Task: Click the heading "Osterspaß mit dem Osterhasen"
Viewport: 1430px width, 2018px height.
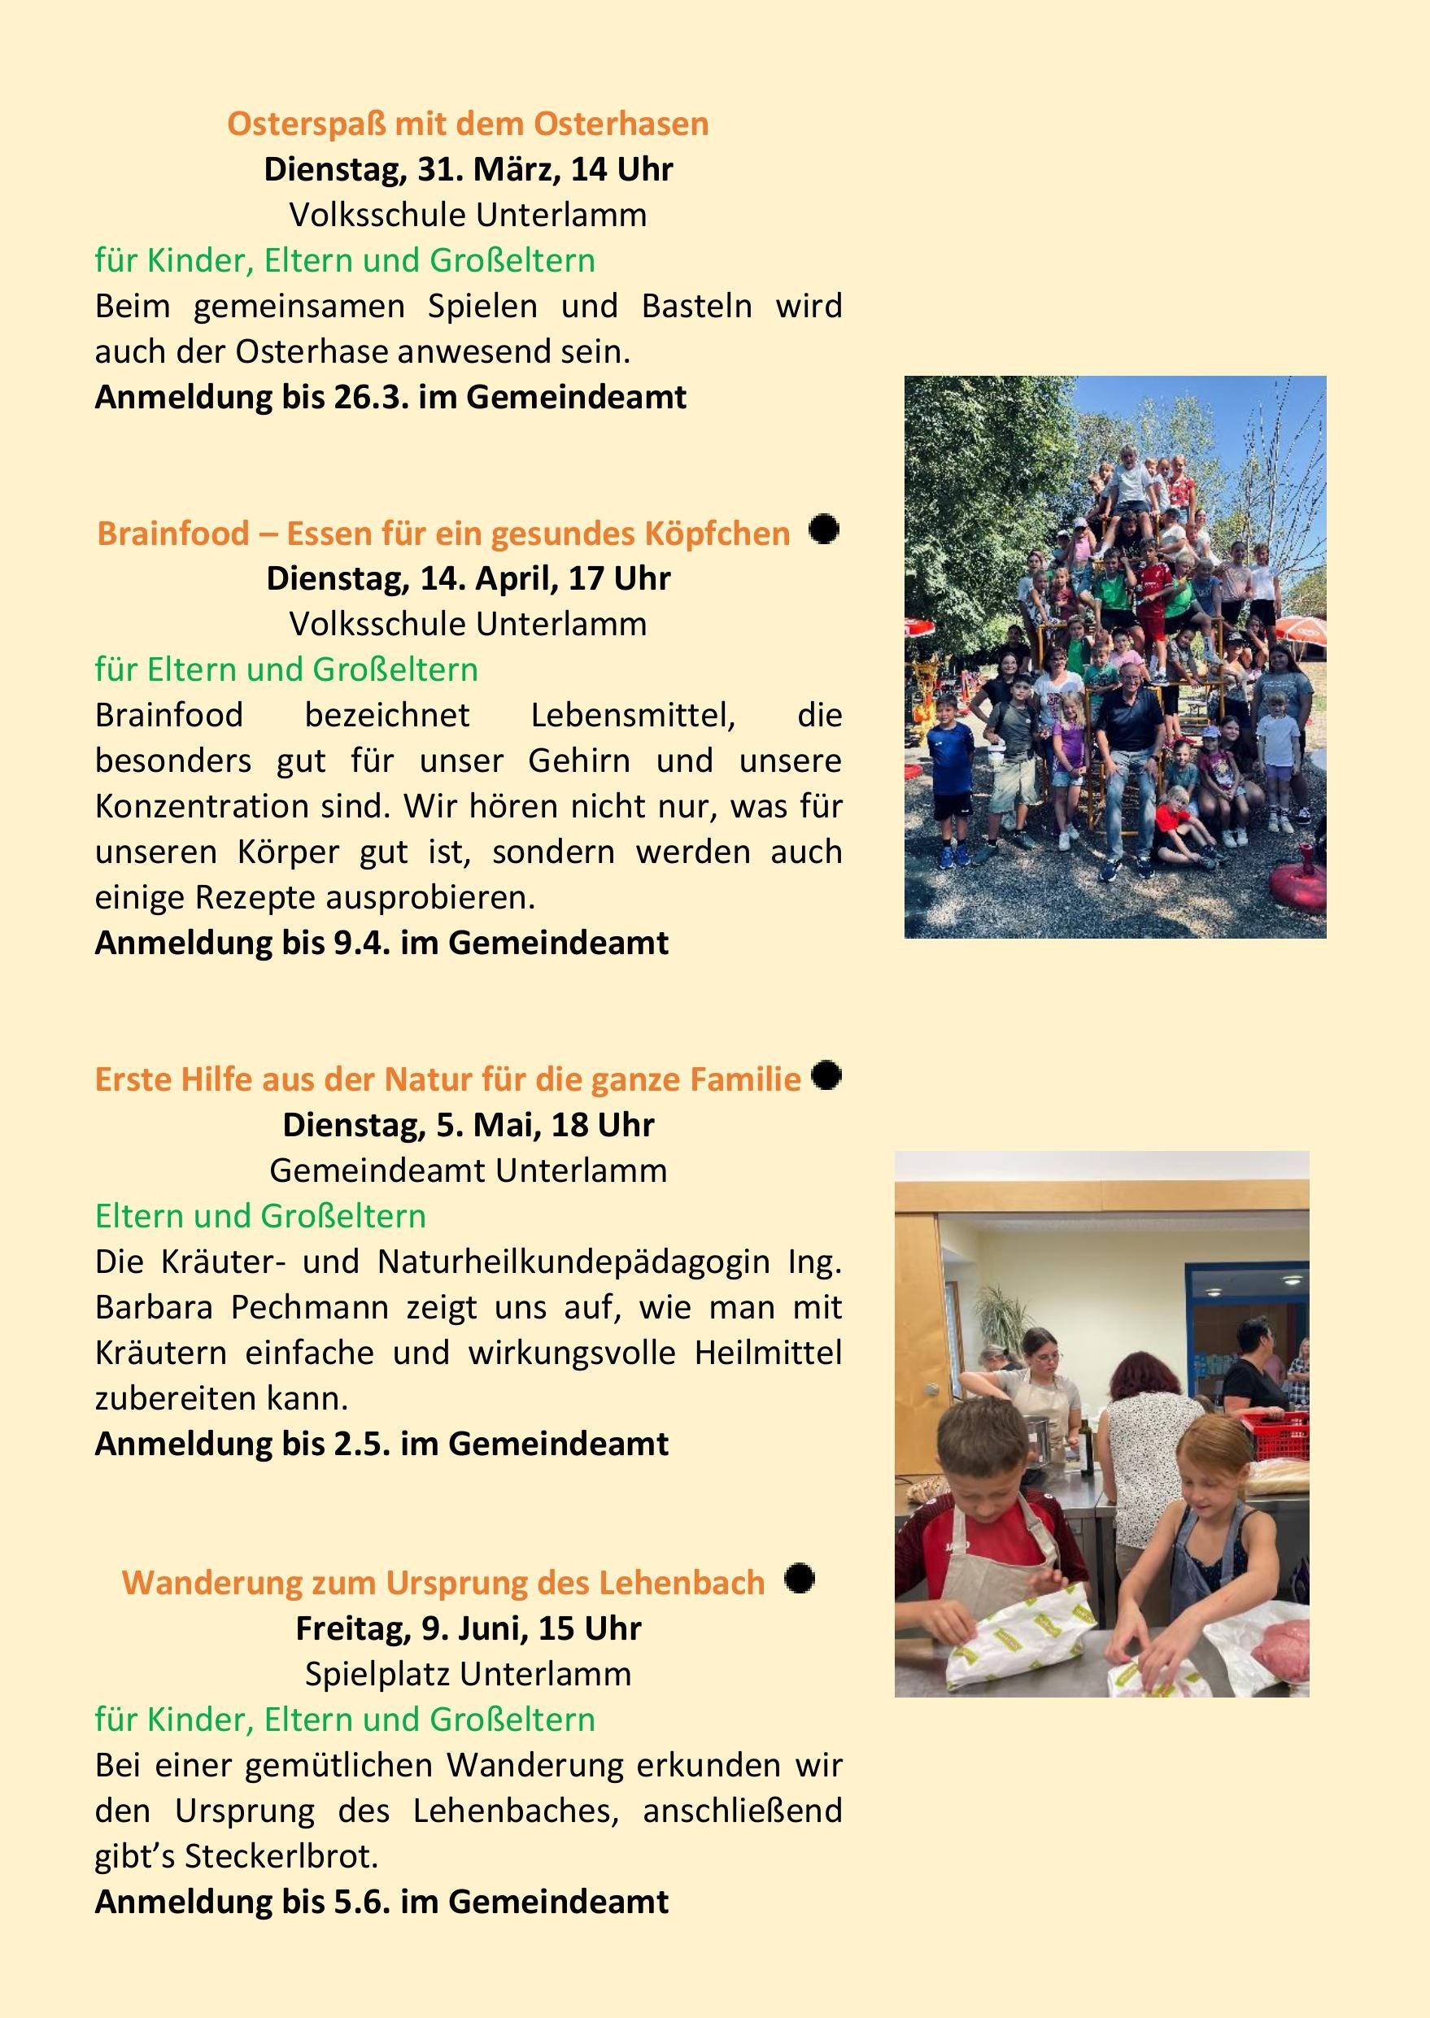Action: click(468, 124)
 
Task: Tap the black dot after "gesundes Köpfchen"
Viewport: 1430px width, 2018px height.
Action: click(824, 530)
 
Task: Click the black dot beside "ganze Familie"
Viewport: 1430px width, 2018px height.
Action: click(826, 1076)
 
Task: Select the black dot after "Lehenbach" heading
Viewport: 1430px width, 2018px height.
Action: click(799, 1579)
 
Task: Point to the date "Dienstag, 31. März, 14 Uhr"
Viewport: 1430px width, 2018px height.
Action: click(468, 169)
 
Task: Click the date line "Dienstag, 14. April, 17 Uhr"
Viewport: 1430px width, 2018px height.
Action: click(468, 578)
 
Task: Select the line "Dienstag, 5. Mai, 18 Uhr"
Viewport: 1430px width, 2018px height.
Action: click(468, 1124)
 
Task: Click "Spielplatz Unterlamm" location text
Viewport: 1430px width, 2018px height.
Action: click(468, 1674)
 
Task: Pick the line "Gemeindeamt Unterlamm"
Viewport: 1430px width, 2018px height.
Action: click(468, 1170)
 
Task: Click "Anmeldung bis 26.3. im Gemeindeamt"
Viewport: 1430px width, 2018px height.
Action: click(390, 397)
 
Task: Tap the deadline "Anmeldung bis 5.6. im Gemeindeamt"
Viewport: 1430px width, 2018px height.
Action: click(381, 1902)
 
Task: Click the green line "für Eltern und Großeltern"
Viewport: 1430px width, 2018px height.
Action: click(286, 669)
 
